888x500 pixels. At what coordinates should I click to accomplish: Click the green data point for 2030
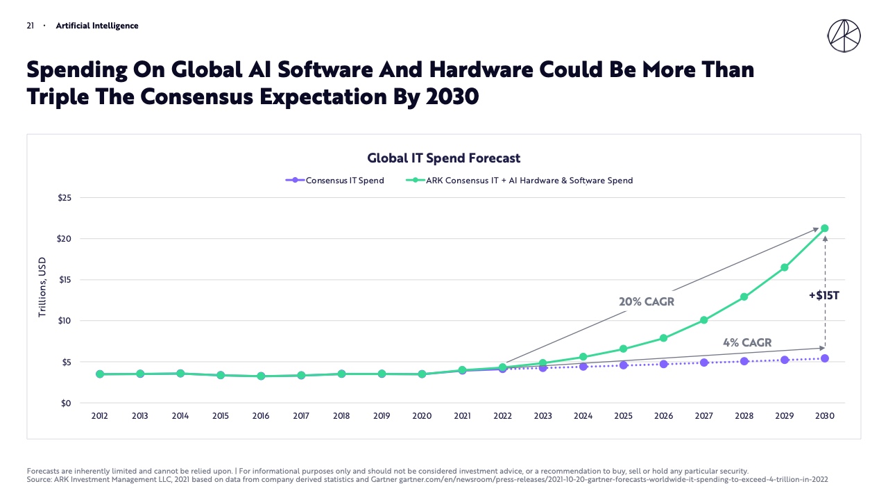click(x=824, y=228)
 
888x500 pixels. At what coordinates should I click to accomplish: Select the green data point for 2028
click(x=744, y=297)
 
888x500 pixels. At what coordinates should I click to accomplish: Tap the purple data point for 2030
click(x=824, y=358)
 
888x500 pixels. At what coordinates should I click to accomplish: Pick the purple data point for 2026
click(x=663, y=364)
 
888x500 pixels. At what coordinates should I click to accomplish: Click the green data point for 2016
click(x=261, y=376)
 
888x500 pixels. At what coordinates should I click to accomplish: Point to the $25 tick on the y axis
click(x=65, y=198)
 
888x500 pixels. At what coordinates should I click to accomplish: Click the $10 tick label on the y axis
click(x=65, y=321)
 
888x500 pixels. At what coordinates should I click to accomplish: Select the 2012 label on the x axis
click(x=100, y=416)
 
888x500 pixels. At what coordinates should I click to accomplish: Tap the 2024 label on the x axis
click(x=583, y=416)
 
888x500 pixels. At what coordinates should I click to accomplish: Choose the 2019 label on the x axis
click(x=382, y=416)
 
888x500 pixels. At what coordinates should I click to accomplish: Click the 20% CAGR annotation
click(x=647, y=302)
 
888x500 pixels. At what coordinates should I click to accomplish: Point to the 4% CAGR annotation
click(x=746, y=342)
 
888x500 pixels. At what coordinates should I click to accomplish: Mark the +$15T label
click(x=823, y=295)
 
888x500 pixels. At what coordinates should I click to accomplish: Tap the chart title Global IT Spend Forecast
click(x=443, y=158)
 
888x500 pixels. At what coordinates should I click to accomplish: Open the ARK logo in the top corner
click(x=844, y=36)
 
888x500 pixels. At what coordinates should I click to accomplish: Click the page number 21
click(x=31, y=26)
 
